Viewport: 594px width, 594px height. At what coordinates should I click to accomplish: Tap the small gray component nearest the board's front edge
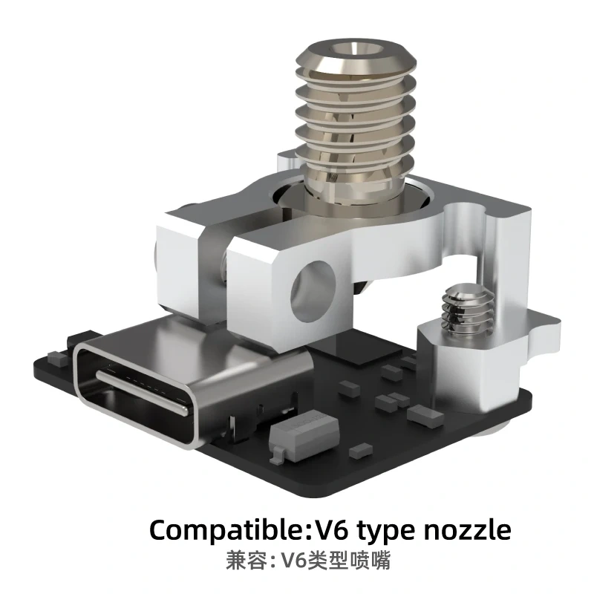click(x=362, y=448)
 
